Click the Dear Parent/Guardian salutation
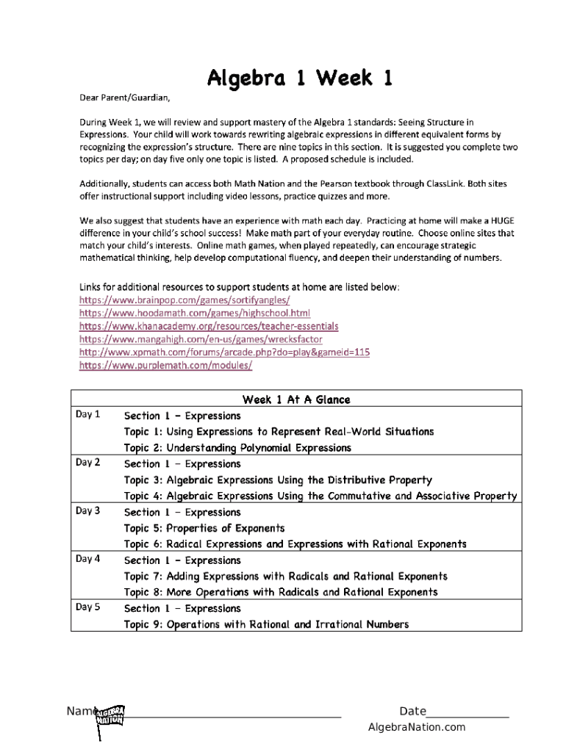pyautogui.click(x=124, y=97)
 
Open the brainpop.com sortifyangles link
pyautogui.click(x=184, y=300)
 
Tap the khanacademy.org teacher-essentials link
pyautogui.click(x=209, y=326)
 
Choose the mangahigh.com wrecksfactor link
pyautogui.click(x=200, y=339)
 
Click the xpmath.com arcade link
pyautogui.click(x=224, y=352)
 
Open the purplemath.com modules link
pyautogui.click(x=165, y=365)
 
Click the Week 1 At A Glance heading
pyautogui.click(x=296, y=399)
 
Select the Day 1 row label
pyautogui.click(x=88, y=415)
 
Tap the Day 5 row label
pyautogui.click(x=88, y=607)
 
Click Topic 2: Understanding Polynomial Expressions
pyautogui.click(x=237, y=448)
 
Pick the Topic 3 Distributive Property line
pyautogui.click(x=278, y=480)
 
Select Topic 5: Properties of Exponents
pyautogui.click(x=204, y=528)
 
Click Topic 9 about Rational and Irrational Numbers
pyautogui.click(x=266, y=624)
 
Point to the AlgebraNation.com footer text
pyautogui.click(x=417, y=728)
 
